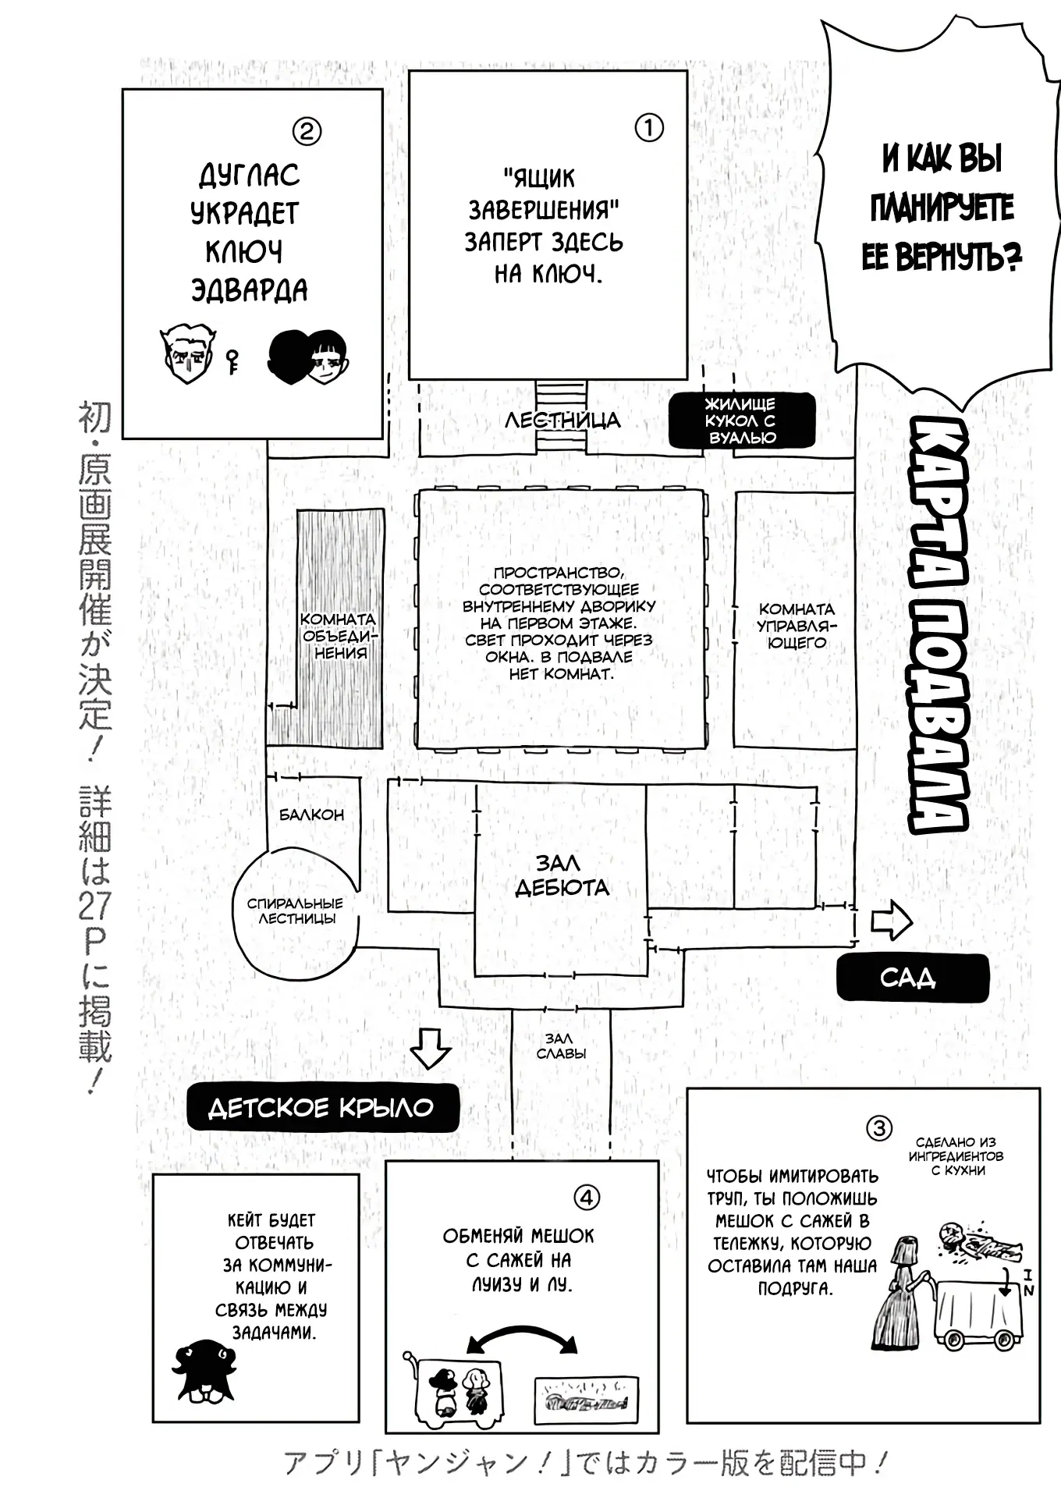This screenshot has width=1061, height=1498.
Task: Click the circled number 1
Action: pyautogui.click(x=649, y=128)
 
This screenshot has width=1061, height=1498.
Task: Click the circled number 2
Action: pyautogui.click(x=307, y=130)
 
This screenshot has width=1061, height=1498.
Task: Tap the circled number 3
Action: pyautogui.click(x=879, y=1128)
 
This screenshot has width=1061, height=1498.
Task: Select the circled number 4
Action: pyautogui.click(x=586, y=1197)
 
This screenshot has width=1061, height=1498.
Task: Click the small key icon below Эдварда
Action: pyautogui.click(x=232, y=361)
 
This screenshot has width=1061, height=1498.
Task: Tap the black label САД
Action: pyautogui.click(x=911, y=978)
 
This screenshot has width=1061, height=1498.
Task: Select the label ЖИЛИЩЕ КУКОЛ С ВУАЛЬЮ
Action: pyautogui.click(x=741, y=421)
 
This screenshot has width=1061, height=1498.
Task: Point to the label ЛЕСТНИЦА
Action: pyautogui.click(x=562, y=421)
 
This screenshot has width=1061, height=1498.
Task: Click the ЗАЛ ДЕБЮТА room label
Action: pyautogui.click(x=562, y=875)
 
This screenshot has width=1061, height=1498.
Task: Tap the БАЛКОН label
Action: pyautogui.click(x=312, y=815)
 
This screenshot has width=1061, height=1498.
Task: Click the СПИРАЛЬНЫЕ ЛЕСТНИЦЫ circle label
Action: pyautogui.click(x=295, y=911)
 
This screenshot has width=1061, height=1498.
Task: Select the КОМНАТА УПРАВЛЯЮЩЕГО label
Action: pyautogui.click(x=797, y=626)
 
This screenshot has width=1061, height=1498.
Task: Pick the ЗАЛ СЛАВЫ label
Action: pyautogui.click(x=560, y=1045)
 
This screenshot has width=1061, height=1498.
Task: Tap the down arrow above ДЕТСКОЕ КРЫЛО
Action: pyautogui.click(x=430, y=1048)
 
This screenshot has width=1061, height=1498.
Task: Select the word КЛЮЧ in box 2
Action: pyautogui.click(x=244, y=252)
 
